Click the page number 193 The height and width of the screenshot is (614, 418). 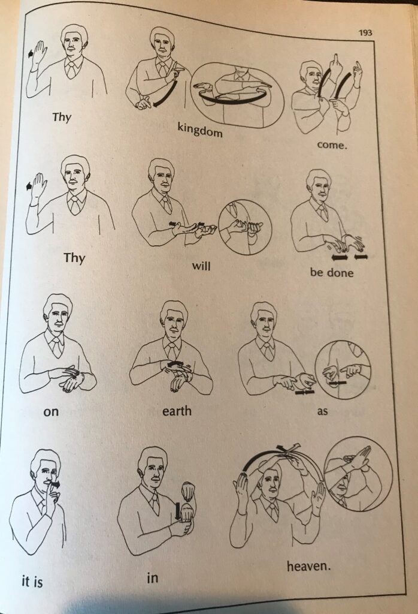tap(365, 32)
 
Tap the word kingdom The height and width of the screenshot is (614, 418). tap(199, 129)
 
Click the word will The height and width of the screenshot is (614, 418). tap(202, 265)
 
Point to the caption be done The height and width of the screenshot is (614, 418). tap(332, 273)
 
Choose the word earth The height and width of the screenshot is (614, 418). tap(177, 411)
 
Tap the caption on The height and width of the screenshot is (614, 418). tap(51, 413)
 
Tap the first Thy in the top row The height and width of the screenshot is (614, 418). tap(61, 116)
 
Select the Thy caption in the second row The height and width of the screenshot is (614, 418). tap(74, 258)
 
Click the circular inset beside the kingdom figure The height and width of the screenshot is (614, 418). tap(237, 93)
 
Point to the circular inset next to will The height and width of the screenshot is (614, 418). tap(245, 227)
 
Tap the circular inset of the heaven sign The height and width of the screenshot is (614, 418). tap(358, 474)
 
